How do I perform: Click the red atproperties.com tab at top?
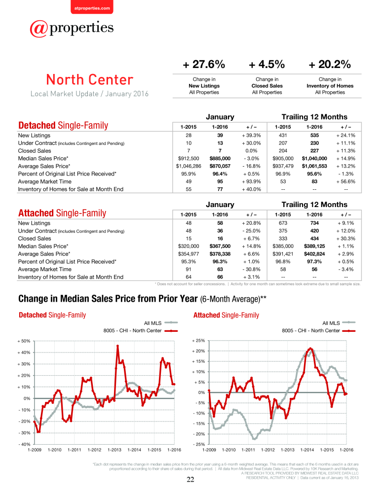click(92, 7)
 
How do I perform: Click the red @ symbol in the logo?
click(38, 29)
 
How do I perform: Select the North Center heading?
click(90, 79)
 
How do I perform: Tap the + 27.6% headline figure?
click(204, 65)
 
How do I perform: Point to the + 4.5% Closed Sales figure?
click(267, 65)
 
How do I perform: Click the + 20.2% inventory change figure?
click(330, 65)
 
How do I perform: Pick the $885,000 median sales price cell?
click(220, 158)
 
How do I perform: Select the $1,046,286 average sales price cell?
click(189, 166)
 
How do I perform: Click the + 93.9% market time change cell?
click(251, 181)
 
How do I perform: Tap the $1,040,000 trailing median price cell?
click(314, 158)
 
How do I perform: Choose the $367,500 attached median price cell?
click(220, 246)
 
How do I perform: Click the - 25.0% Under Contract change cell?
click(251, 231)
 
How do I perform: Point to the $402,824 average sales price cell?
click(314, 254)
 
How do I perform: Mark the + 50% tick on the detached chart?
click(24, 341)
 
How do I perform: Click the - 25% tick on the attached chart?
click(198, 444)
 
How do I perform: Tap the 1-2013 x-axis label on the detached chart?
click(114, 450)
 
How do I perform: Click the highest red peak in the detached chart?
click(117, 346)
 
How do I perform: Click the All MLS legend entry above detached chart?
click(160, 323)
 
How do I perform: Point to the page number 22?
click(190, 480)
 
